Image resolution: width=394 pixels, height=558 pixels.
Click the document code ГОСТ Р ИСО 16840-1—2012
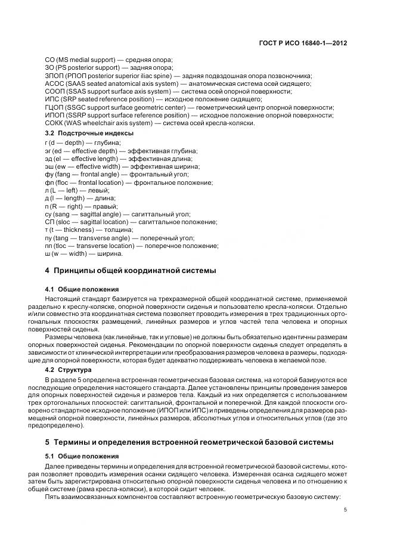pos(303,43)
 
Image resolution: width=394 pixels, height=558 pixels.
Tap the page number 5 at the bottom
pos(346,509)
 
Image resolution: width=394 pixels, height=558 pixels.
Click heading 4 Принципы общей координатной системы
pos(131,270)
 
